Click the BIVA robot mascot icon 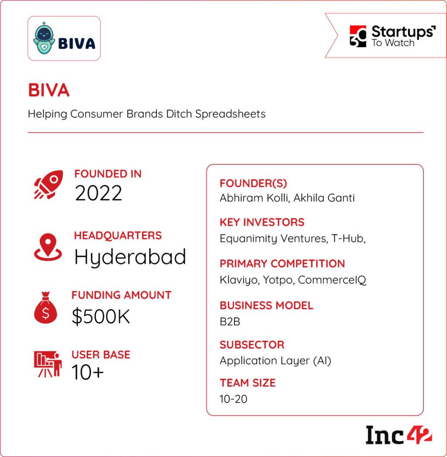[x=44, y=38]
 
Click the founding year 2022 [x=98, y=193]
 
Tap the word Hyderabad [x=130, y=256]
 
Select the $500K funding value [x=101, y=317]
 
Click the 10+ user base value [x=88, y=372]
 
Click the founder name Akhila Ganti [x=324, y=198]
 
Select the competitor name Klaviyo [x=238, y=280]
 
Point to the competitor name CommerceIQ [x=332, y=280]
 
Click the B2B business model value [x=230, y=322]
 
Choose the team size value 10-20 [x=234, y=399]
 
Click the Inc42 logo [x=398, y=435]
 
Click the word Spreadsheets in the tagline [x=230, y=114]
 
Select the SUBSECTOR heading [x=252, y=345]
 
